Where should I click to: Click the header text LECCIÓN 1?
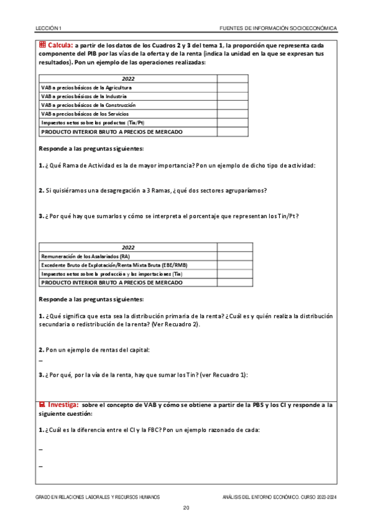[48, 28]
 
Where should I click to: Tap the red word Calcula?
[60, 45]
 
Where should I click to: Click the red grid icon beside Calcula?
[42, 45]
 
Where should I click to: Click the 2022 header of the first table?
[128, 79]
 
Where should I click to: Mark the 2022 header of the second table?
[128, 247]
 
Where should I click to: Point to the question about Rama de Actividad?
[177, 165]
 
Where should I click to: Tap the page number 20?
[186, 508]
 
